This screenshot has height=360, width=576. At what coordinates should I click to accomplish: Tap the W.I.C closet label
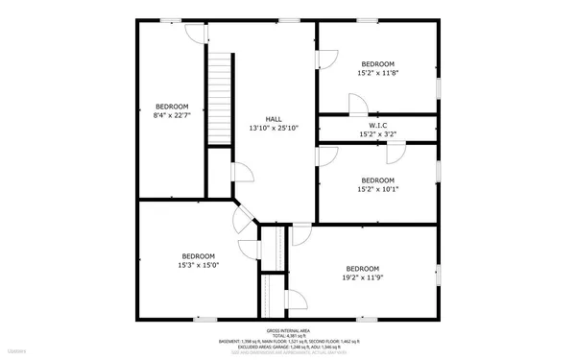377,125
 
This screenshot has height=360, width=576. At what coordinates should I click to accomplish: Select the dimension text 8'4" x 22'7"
172,115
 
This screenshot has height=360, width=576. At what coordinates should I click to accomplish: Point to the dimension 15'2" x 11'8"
377,73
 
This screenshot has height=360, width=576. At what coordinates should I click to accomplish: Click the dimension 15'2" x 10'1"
377,189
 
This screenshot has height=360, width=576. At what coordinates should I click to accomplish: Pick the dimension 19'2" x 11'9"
362,277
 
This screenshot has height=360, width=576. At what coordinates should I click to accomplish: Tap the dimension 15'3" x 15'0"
199,265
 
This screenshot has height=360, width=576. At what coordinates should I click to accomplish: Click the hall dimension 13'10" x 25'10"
274,128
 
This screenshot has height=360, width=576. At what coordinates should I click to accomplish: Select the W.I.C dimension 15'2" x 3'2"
377,134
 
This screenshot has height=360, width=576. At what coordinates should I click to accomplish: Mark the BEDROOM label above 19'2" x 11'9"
362,268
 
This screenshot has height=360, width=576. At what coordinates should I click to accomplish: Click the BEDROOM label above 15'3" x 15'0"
199,255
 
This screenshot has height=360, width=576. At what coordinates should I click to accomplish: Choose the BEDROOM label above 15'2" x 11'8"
377,63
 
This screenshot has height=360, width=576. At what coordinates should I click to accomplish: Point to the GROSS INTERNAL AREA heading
287,329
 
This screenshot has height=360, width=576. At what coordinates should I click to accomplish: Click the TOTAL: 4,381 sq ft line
287,335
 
